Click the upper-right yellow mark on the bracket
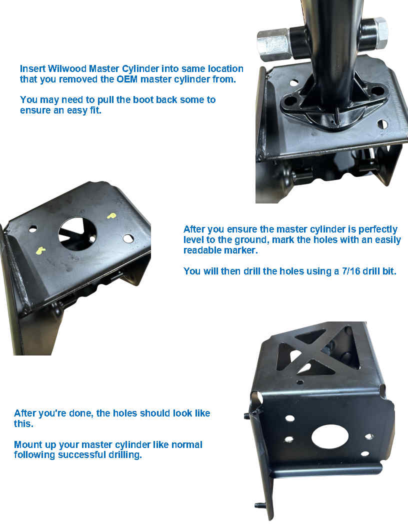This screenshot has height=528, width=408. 111,215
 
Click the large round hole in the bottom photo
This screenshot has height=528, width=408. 329,436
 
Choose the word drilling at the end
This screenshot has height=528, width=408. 125,455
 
